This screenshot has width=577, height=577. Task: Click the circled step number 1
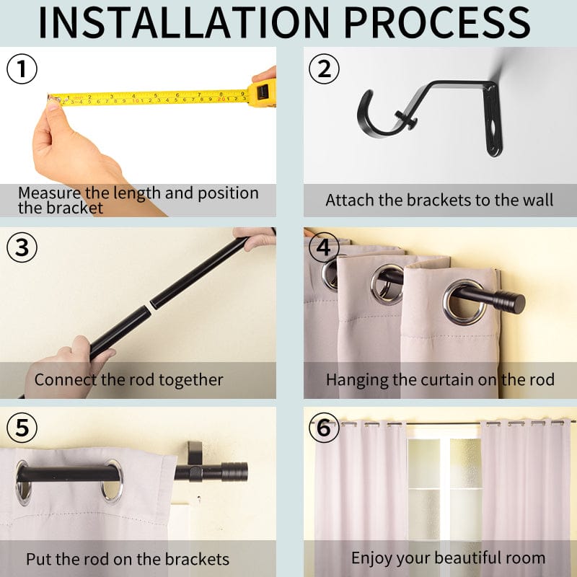(x=22, y=69)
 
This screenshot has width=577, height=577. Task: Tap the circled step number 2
(x=324, y=69)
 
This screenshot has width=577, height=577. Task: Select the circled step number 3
(x=22, y=247)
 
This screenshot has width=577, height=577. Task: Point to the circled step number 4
(x=324, y=247)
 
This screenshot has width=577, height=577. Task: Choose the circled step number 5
(x=22, y=428)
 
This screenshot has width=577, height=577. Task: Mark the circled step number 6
(x=324, y=428)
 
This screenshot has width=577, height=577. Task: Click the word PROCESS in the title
(x=437, y=22)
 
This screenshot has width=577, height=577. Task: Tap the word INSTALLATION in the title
(x=184, y=22)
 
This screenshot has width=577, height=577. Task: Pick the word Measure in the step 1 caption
(x=49, y=193)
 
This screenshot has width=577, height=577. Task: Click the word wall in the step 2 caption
(x=539, y=201)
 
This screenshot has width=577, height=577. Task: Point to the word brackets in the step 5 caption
(x=197, y=560)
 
